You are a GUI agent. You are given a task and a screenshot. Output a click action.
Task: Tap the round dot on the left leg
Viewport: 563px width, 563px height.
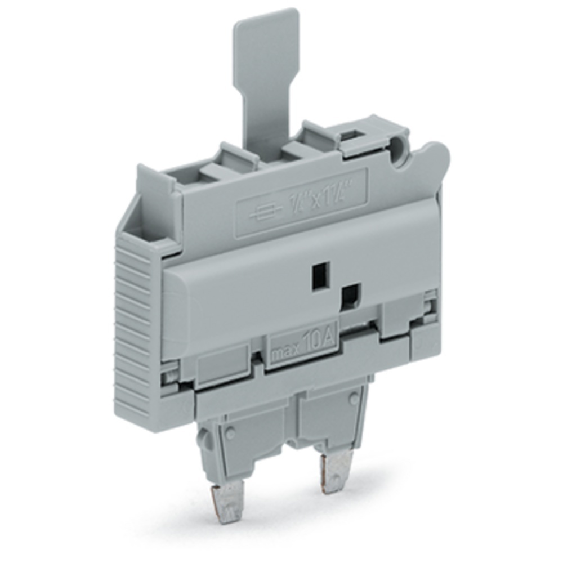[230, 434]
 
